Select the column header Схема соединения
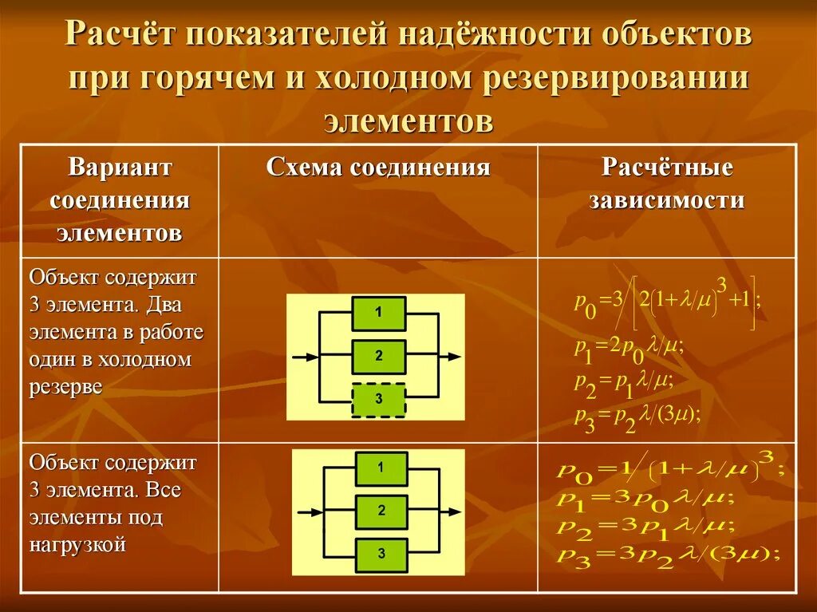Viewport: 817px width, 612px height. (377, 168)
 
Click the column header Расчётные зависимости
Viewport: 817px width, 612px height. (667, 184)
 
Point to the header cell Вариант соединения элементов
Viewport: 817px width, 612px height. (120, 199)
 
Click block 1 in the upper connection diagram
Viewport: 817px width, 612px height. (378, 314)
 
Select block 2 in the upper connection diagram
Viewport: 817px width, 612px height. (378, 357)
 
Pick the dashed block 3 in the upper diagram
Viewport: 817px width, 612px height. (378, 400)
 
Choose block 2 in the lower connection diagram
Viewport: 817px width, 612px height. (381, 511)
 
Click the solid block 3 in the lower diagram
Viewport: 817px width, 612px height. (381, 552)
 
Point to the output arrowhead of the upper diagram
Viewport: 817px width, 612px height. (454, 357)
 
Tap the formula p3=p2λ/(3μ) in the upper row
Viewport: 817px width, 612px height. (637, 416)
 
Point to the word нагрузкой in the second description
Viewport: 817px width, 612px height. (78, 545)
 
